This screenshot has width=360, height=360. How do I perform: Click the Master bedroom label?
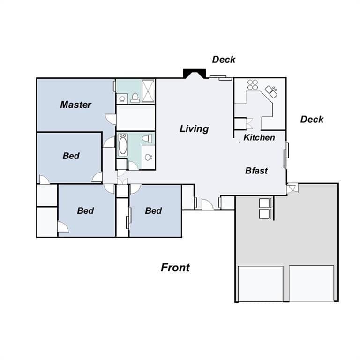[76, 105]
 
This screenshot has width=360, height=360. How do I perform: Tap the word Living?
[194, 129]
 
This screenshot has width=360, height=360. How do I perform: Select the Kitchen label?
[259, 137]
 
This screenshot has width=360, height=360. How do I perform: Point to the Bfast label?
[256, 171]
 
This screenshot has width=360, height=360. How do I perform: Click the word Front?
[175, 268]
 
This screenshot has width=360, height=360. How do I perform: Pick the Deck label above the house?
[224, 60]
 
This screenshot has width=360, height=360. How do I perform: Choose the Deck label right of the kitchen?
[312, 120]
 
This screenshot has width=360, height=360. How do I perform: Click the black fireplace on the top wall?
[195, 74]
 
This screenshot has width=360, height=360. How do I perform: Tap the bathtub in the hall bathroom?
[123, 145]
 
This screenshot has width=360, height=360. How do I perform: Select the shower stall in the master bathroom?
[148, 91]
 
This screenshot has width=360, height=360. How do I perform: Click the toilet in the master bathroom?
[135, 98]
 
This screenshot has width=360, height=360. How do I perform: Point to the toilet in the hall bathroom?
[147, 138]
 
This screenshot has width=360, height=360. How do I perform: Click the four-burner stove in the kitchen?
[253, 85]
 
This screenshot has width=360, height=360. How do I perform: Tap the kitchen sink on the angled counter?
[271, 91]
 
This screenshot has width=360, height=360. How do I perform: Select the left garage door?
[261, 284]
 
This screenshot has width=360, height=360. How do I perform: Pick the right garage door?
[311, 284]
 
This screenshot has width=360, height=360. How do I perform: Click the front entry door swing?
[208, 204]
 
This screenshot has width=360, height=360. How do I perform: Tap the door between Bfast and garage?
[292, 188]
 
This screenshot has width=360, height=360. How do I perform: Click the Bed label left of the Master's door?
[71, 156]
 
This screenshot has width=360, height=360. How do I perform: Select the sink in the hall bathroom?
[148, 157]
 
